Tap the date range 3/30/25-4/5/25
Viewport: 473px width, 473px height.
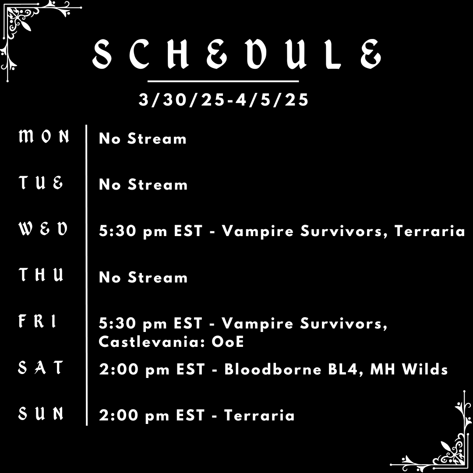(x=224, y=100)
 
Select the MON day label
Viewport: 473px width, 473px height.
(x=44, y=137)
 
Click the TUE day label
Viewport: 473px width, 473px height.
(x=41, y=183)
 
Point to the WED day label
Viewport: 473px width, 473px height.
(x=43, y=229)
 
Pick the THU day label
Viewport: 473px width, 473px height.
(x=42, y=275)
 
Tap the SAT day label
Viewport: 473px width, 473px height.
(x=41, y=367)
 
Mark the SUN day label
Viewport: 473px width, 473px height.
(x=41, y=413)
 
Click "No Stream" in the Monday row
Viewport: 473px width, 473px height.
(x=143, y=139)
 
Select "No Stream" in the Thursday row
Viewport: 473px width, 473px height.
(x=143, y=277)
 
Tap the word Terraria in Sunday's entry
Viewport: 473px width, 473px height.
(x=259, y=415)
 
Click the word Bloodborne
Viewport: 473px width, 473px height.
(x=273, y=369)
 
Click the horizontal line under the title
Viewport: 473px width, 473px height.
(x=223, y=81)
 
